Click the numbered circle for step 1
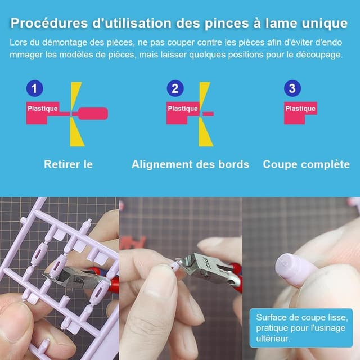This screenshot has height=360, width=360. point(35,88)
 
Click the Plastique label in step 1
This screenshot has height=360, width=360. point(43,109)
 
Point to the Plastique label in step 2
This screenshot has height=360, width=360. point(183,109)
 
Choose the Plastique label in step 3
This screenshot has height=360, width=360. point(300,109)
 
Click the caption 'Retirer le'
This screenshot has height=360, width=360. point(68,164)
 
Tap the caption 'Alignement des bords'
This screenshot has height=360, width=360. point(190,164)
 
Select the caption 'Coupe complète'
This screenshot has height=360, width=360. point(306,164)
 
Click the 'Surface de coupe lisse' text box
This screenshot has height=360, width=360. point(301,328)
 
